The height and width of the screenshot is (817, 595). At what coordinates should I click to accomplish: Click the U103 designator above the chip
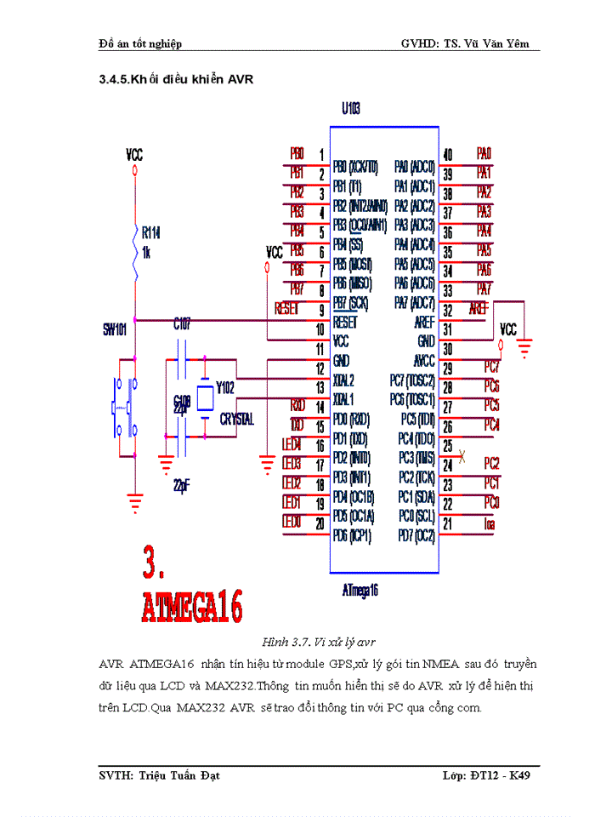click(x=351, y=109)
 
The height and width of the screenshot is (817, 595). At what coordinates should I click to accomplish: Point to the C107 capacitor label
click(x=183, y=324)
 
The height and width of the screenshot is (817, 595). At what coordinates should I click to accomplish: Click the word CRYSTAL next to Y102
click(x=236, y=420)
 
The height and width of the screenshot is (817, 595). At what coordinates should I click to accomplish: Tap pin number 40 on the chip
click(x=448, y=155)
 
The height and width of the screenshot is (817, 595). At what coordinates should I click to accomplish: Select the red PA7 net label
click(x=484, y=289)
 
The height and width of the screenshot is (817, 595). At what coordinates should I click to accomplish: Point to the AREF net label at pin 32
click(x=479, y=310)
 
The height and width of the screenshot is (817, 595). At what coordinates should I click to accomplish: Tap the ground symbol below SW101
click(x=134, y=502)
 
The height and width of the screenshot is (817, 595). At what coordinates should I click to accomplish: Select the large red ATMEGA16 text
click(x=192, y=608)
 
